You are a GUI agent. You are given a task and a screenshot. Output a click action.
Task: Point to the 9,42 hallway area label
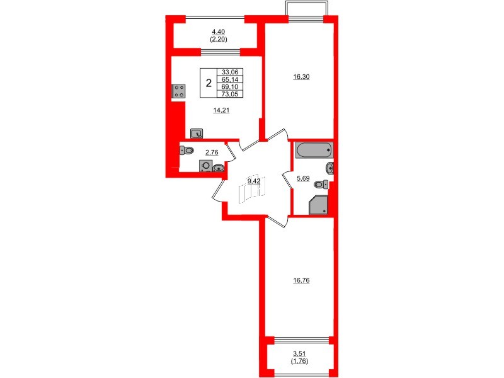tap(254, 181)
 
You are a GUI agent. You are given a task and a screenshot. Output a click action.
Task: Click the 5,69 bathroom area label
tap(304, 178)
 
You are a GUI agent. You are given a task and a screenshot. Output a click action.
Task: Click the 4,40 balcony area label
tap(219, 31)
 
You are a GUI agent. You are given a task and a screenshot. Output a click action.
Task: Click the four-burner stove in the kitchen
tap(178, 91)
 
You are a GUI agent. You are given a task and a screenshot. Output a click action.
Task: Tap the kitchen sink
tap(197, 133)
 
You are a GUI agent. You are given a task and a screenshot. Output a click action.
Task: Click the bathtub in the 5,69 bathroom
tap(313, 151)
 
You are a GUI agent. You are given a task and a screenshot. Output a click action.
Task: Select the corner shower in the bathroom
tap(319, 205)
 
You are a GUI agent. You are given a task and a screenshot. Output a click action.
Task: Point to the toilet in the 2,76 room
tap(188, 151)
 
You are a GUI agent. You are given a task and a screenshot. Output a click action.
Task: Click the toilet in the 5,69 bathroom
tap(322, 184)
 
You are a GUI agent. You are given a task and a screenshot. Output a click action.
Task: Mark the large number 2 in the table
tap(208, 83)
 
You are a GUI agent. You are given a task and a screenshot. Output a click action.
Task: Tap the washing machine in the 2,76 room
tap(205, 166)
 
